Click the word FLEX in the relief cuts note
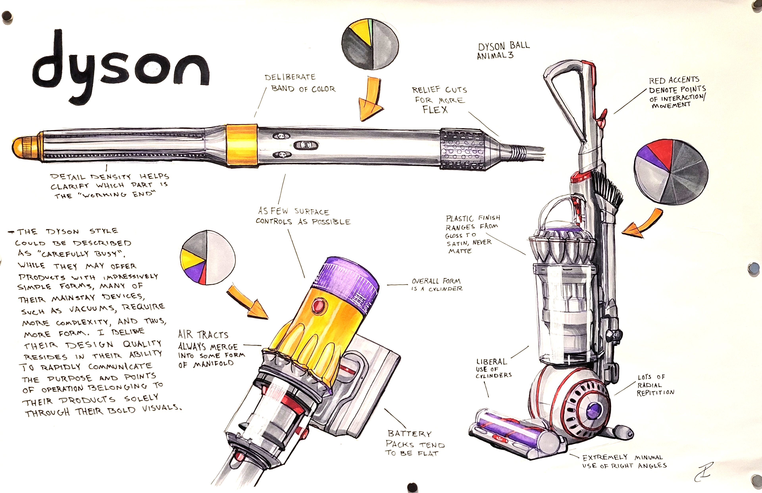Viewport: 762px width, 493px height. tap(435, 110)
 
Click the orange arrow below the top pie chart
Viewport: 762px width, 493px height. tap(371, 99)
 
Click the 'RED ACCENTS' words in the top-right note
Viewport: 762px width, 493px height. tap(674, 80)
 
